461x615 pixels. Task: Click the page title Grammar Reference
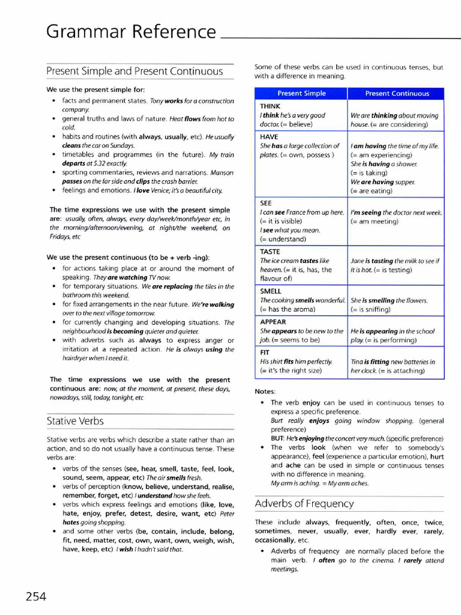[x=131, y=31]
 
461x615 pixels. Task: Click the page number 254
[x=35, y=596]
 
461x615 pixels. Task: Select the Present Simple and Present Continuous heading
[x=134, y=71]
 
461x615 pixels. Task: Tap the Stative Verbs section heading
[x=75, y=421]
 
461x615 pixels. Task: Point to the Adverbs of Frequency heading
[x=304, y=503]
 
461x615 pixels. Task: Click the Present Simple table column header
[x=301, y=94]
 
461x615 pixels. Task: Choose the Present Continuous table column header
[x=397, y=94]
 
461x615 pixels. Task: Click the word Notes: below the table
[x=265, y=391]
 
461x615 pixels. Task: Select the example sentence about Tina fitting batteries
[x=393, y=366]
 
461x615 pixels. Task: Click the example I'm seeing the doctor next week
[x=396, y=213]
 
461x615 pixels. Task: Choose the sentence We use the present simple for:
[x=95, y=89]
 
